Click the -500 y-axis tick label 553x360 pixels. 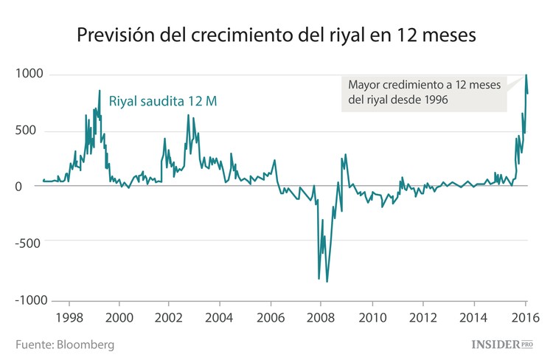pyautogui.click(x=29, y=240)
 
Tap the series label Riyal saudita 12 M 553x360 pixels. pyautogui.click(x=162, y=101)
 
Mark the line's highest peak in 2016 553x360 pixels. pyautogui.click(x=526, y=75)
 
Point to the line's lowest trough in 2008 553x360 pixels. pyautogui.click(x=327, y=282)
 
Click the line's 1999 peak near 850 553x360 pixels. pyautogui.click(x=100, y=91)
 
